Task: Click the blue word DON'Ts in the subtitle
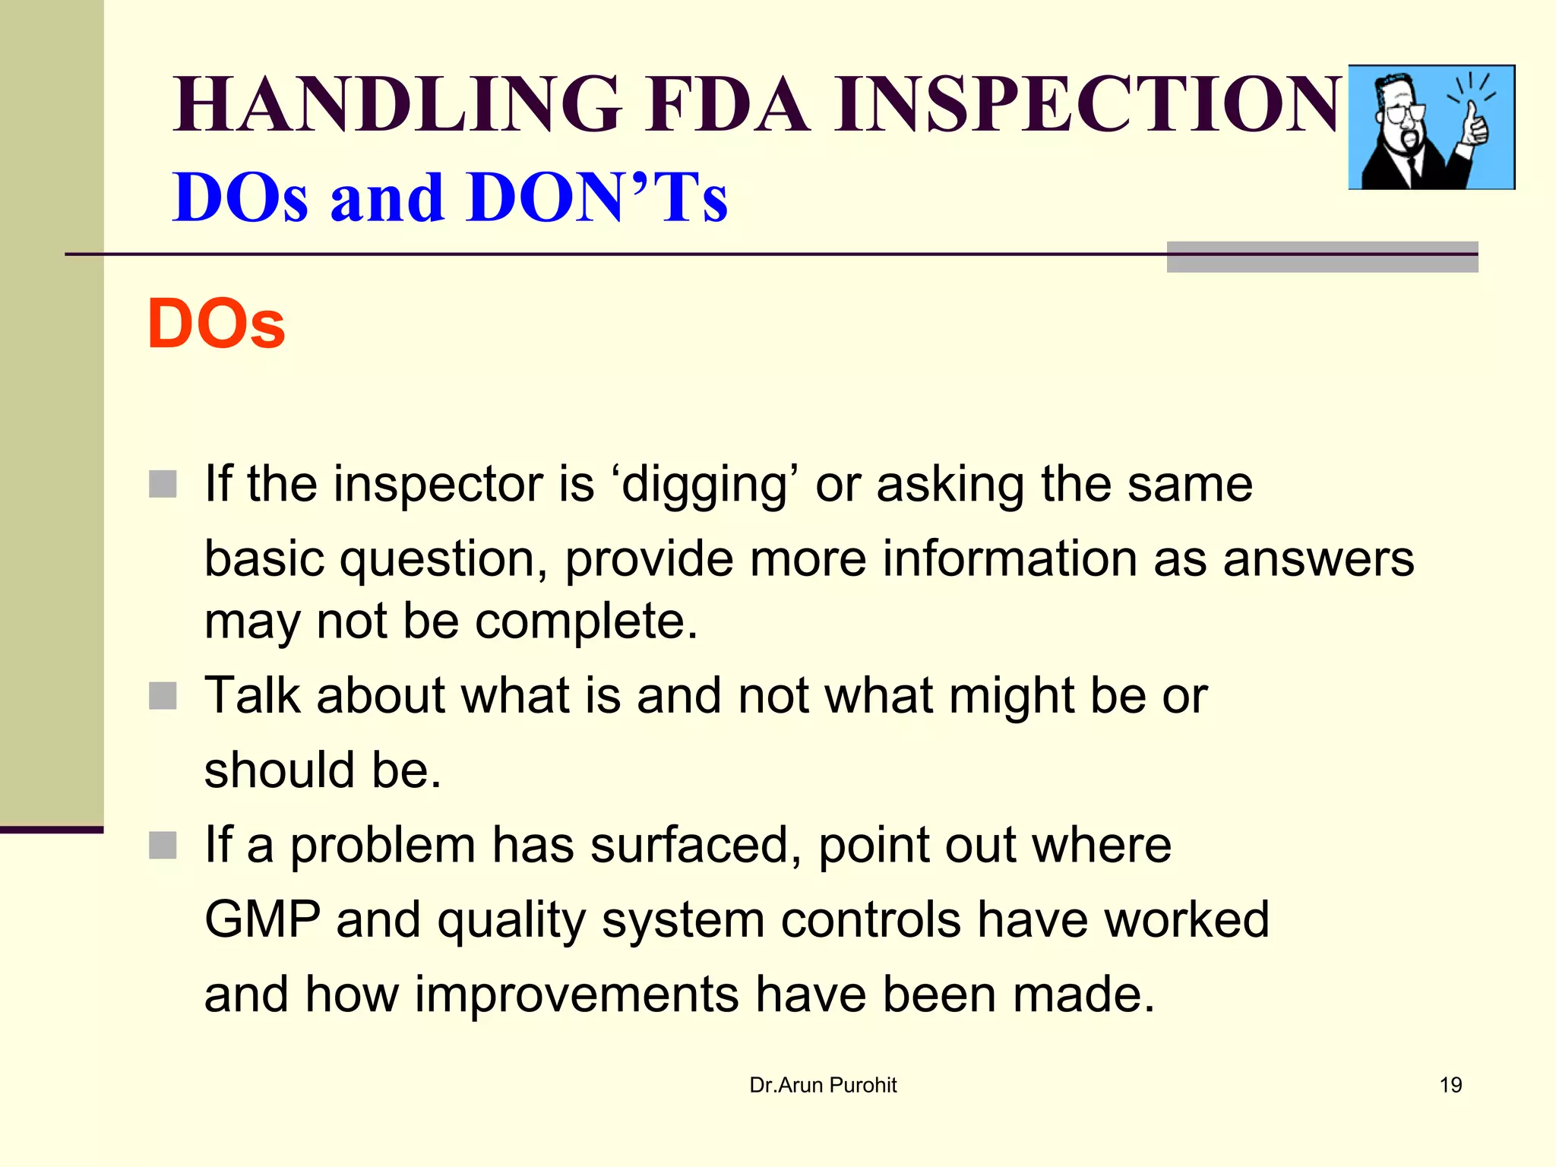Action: pos(598,198)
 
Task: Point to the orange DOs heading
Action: pos(216,324)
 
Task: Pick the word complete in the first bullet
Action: pos(586,621)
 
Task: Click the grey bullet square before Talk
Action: pos(163,695)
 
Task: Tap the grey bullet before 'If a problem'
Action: pos(163,845)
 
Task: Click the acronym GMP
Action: pos(263,919)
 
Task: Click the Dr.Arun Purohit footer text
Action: pos(823,1085)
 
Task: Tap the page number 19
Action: pos(1450,1085)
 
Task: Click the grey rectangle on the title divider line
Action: pos(1322,257)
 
